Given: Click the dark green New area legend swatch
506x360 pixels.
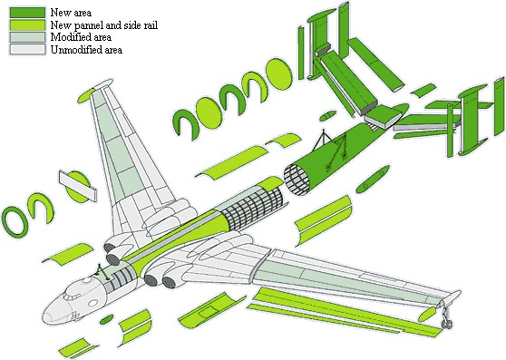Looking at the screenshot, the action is [x=27, y=13].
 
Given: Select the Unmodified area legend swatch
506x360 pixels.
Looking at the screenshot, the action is [x=27, y=49].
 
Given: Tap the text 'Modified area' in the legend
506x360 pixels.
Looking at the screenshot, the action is [x=81, y=37].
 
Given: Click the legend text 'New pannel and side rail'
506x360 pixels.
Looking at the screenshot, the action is [x=104, y=24].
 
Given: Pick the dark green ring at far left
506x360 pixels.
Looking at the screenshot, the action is [x=14, y=222].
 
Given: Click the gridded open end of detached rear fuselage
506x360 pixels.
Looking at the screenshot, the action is [x=297, y=179].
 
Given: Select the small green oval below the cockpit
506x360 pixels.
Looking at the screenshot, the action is [x=106, y=319].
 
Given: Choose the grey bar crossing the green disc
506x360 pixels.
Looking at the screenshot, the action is [x=78, y=186].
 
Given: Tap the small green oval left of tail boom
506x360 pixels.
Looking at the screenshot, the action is [x=326, y=116].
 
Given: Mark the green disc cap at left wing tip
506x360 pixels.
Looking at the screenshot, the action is [x=86, y=95].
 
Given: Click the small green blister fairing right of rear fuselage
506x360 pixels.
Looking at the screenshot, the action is [x=373, y=180].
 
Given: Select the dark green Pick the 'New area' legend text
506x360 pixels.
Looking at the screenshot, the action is [x=71, y=13].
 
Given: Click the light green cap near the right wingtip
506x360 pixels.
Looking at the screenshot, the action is [x=427, y=314].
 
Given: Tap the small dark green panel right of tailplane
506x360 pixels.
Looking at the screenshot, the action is [x=424, y=90].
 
